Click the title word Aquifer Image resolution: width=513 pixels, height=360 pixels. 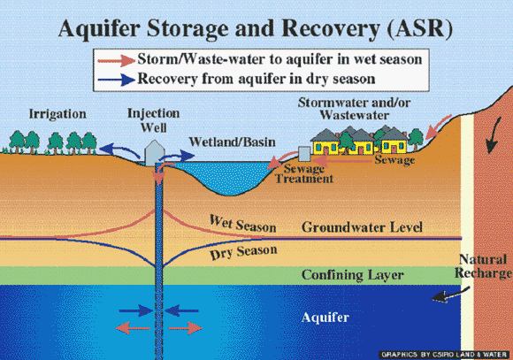coord(99,29)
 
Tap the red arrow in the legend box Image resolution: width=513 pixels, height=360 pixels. coord(117,60)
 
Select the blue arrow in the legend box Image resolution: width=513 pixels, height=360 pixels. coord(117,80)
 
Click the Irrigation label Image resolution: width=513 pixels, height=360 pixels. coord(57,114)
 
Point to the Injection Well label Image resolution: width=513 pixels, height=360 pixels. coord(153,120)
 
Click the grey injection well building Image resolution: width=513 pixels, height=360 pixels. coord(155,153)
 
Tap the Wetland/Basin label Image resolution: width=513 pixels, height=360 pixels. coord(232,142)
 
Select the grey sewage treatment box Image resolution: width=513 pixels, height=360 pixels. coord(304,154)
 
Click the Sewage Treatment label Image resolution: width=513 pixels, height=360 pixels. coord(304,173)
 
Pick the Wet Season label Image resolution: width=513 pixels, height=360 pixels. coord(242,225)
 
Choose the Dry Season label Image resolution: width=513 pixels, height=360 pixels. coord(243,252)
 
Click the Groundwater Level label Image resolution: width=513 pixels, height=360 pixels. coord(362,227)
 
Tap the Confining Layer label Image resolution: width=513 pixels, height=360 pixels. coord(352,275)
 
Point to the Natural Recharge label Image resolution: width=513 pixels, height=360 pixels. coord(483,266)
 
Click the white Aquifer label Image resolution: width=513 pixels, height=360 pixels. coord(325,318)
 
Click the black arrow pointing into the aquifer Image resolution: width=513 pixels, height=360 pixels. coord(450,295)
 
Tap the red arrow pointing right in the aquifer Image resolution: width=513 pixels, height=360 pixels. coord(185,328)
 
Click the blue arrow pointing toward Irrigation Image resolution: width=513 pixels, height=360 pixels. coord(119,150)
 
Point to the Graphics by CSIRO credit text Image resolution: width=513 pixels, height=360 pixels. coord(444,355)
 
